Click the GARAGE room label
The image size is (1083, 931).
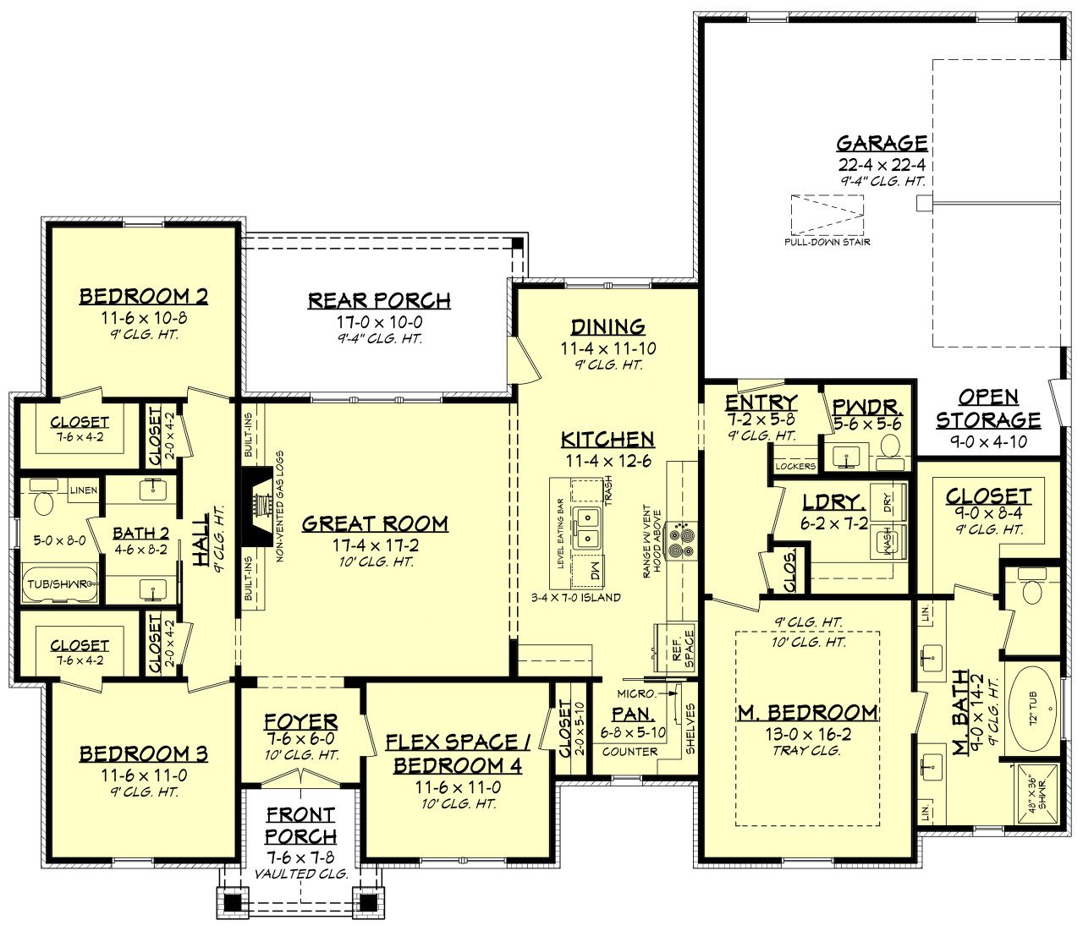(x=882, y=143)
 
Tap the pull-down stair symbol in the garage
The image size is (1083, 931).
(x=827, y=216)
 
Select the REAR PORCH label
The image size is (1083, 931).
(x=379, y=300)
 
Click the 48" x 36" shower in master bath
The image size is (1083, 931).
(x=1037, y=794)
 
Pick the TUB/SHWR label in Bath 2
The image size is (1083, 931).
(x=58, y=584)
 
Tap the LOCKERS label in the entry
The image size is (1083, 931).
(x=795, y=466)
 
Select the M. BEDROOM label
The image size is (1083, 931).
(x=807, y=713)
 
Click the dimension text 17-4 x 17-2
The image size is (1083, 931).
(x=375, y=545)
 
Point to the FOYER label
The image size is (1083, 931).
(x=300, y=721)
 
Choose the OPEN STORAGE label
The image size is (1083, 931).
(x=987, y=408)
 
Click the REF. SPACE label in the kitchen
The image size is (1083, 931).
(x=683, y=648)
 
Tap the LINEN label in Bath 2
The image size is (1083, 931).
(x=84, y=490)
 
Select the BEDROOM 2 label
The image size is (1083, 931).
(x=144, y=296)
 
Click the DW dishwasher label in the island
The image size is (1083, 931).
(x=594, y=571)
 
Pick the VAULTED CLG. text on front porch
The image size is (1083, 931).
(x=300, y=873)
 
